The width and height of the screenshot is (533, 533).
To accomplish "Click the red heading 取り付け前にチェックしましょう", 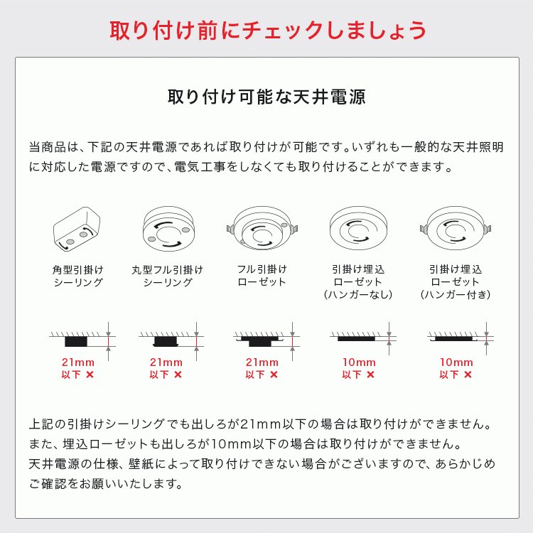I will tap(266, 31).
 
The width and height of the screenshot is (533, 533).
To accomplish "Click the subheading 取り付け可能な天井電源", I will tap(266, 97).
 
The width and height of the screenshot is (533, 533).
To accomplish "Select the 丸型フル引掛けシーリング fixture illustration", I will tap(168, 227).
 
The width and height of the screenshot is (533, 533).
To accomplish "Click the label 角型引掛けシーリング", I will tap(78, 276).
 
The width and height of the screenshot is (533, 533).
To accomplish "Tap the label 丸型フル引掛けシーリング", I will tap(168, 276).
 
